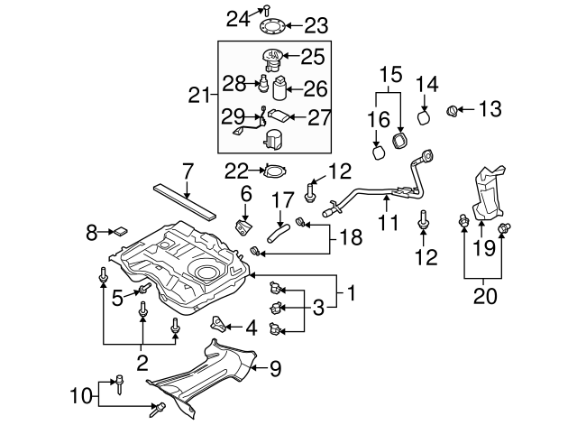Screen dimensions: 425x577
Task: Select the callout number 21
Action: pyautogui.click(x=199, y=94)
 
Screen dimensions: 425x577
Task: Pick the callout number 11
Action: pyautogui.click(x=388, y=221)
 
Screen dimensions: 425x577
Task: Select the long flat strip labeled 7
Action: pyautogui.click(x=186, y=201)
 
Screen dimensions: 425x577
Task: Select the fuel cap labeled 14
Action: pyautogui.click(x=425, y=118)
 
